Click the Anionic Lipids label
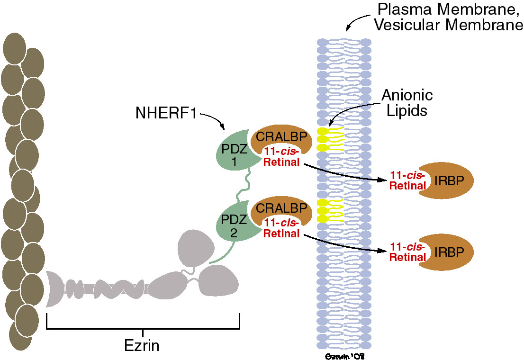(x=408, y=102)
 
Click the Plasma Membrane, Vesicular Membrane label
(x=448, y=17)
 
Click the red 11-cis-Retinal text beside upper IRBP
(x=406, y=180)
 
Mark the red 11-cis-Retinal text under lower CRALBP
(x=281, y=228)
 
